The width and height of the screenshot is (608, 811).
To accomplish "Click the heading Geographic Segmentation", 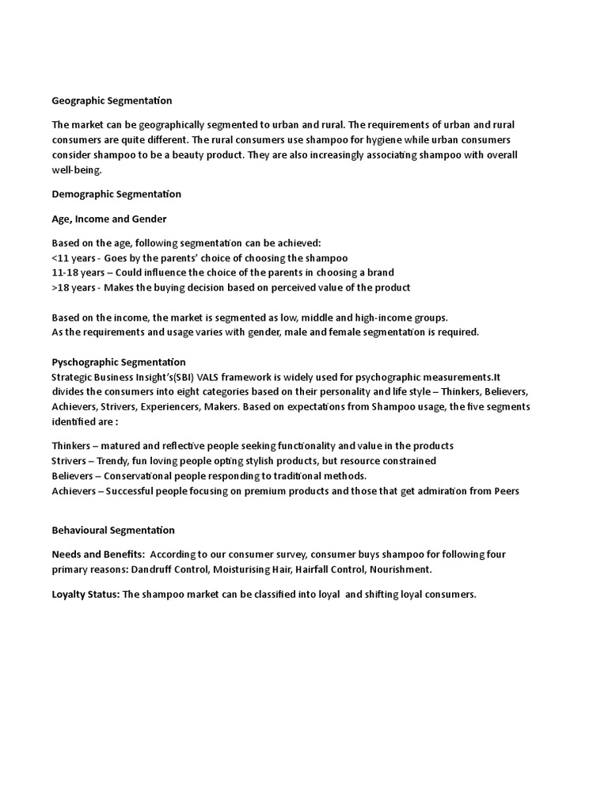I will pyautogui.click(x=112, y=101).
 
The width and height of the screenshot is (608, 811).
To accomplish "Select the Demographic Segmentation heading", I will pyautogui.click(x=116, y=194).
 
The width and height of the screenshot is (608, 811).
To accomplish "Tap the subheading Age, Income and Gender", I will pyautogui.click(x=109, y=219).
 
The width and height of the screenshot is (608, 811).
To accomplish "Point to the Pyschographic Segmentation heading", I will pyautogui.click(x=119, y=362).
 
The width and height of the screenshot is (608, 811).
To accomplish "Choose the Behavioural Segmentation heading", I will pyautogui.click(x=113, y=530).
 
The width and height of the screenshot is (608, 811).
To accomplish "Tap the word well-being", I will pyautogui.click(x=77, y=169).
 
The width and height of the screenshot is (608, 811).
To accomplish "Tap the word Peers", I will pyautogui.click(x=507, y=491).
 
